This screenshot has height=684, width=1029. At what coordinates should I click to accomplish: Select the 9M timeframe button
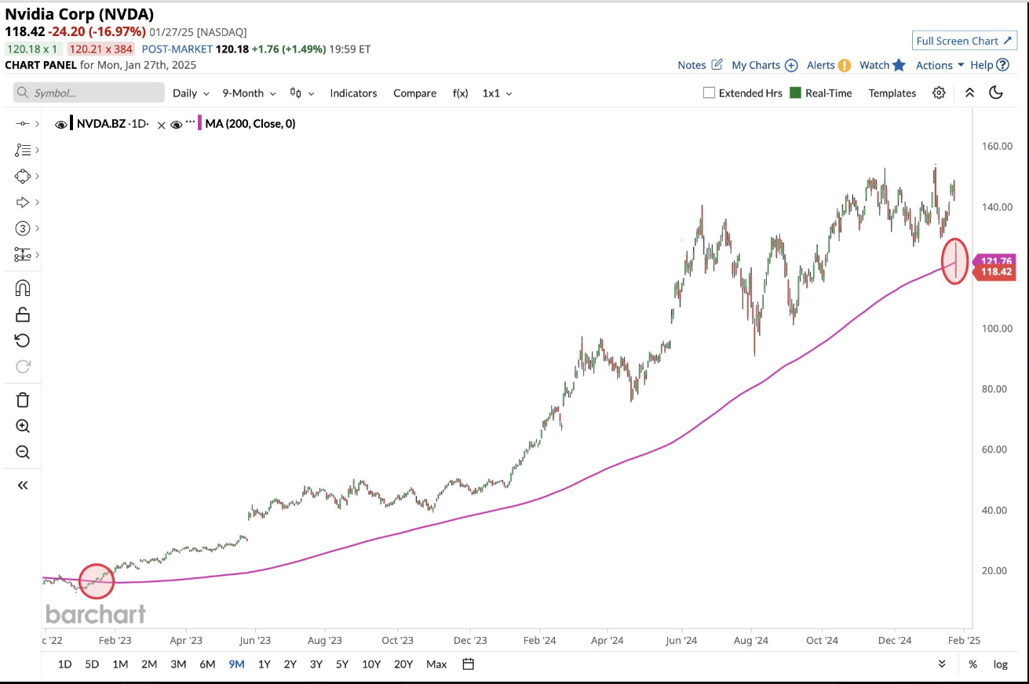click(x=236, y=664)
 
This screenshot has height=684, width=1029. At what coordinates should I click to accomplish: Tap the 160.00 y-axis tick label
click(x=996, y=146)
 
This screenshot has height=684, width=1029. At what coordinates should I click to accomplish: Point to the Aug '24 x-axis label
click(x=751, y=640)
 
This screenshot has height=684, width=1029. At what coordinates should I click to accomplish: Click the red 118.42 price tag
click(x=994, y=273)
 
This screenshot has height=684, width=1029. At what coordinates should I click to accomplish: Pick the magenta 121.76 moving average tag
click(x=994, y=260)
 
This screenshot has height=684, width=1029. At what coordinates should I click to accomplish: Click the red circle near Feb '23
click(x=97, y=581)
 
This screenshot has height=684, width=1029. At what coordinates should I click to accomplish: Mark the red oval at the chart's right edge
click(x=954, y=260)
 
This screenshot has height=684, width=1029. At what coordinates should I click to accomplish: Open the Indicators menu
click(x=353, y=93)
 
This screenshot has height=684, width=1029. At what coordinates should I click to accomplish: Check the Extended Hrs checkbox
click(x=710, y=93)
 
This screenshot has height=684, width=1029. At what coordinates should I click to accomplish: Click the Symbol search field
click(x=89, y=93)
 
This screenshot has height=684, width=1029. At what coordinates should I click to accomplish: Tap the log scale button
click(x=1000, y=664)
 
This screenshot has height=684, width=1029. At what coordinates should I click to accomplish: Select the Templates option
click(x=892, y=93)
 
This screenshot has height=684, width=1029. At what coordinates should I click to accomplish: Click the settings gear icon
click(x=939, y=93)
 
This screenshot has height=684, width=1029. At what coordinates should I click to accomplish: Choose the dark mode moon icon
click(x=996, y=93)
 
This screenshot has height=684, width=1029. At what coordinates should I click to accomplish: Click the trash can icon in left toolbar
click(x=23, y=400)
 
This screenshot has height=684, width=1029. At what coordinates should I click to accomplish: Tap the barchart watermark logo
click(x=96, y=613)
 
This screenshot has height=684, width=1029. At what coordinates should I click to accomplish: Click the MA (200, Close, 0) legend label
click(x=250, y=123)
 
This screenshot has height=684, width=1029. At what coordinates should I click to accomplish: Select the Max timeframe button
click(x=436, y=664)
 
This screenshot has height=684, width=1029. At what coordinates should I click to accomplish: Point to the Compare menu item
click(x=414, y=93)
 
